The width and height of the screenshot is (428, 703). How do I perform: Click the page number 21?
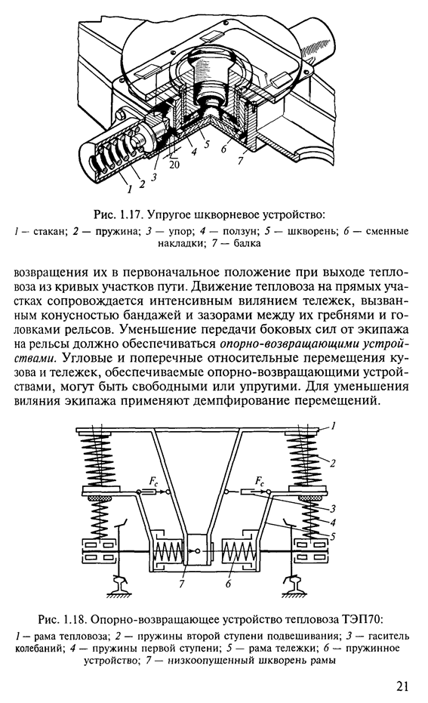click(x=402, y=686)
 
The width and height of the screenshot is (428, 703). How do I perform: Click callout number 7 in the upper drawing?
click(x=241, y=161)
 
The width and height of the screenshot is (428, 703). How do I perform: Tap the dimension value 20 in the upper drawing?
click(x=174, y=165)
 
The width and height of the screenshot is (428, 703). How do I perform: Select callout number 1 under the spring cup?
click(x=130, y=190)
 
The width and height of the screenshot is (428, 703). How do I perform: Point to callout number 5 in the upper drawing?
click(x=207, y=145)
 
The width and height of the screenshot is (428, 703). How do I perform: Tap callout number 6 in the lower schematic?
click(x=228, y=584)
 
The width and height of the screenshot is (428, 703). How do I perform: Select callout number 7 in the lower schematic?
click(x=181, y=584)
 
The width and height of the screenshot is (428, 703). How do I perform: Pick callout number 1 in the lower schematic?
click(x=333, y=427)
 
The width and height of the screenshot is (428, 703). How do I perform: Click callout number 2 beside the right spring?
click(x=333, y=464)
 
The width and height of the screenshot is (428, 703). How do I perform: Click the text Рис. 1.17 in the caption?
click(x=116, y=215)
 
